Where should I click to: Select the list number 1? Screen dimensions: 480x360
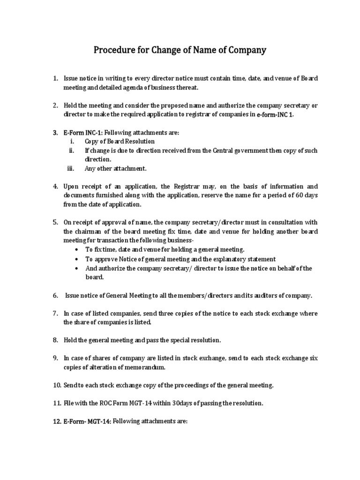55,78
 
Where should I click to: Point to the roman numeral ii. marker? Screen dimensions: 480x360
72,150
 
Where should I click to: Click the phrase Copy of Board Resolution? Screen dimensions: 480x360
120,141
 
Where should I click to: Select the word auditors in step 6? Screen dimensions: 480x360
258,295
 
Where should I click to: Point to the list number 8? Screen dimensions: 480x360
55,340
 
